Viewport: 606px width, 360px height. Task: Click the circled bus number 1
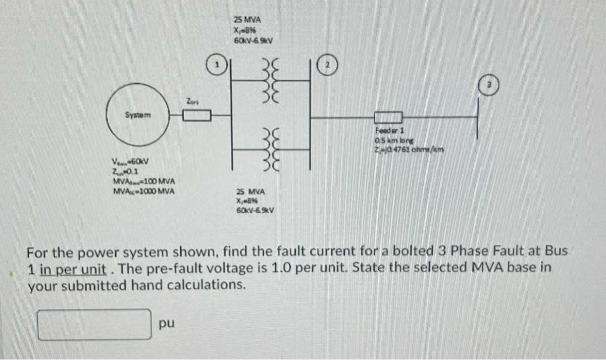(x=216, y=65)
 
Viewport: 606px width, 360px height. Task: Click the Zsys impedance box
(x=196, y=117)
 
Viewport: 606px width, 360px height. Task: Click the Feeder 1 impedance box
(x=388, y=118)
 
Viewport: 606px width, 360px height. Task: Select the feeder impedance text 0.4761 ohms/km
(x=408, y=148)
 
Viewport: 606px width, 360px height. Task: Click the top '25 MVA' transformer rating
(x=247, y=20)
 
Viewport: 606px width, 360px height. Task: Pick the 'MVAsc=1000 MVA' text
(x=144, y=191)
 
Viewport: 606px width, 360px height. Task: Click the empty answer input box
(x=95, y=324)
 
